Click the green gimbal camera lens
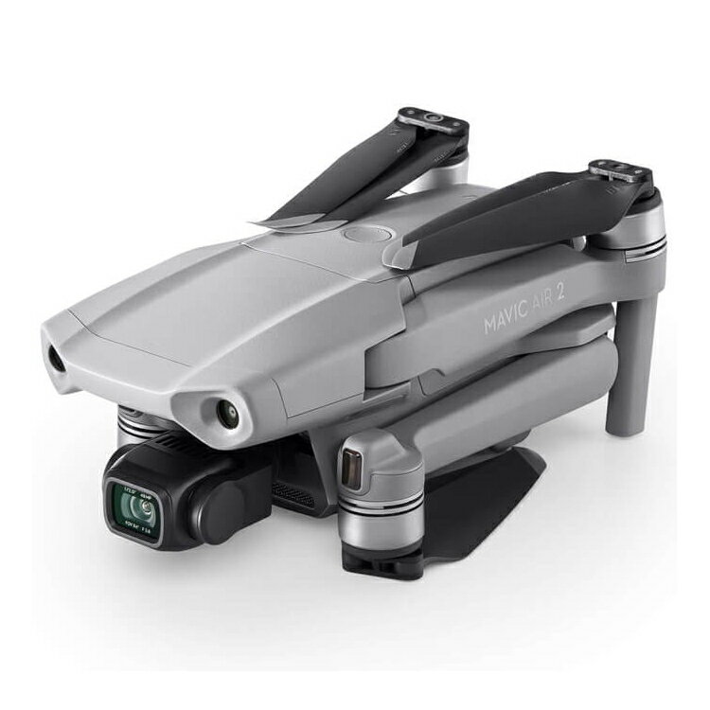click(x=139, y=506)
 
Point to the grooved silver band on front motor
click(x=379, y=525)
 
